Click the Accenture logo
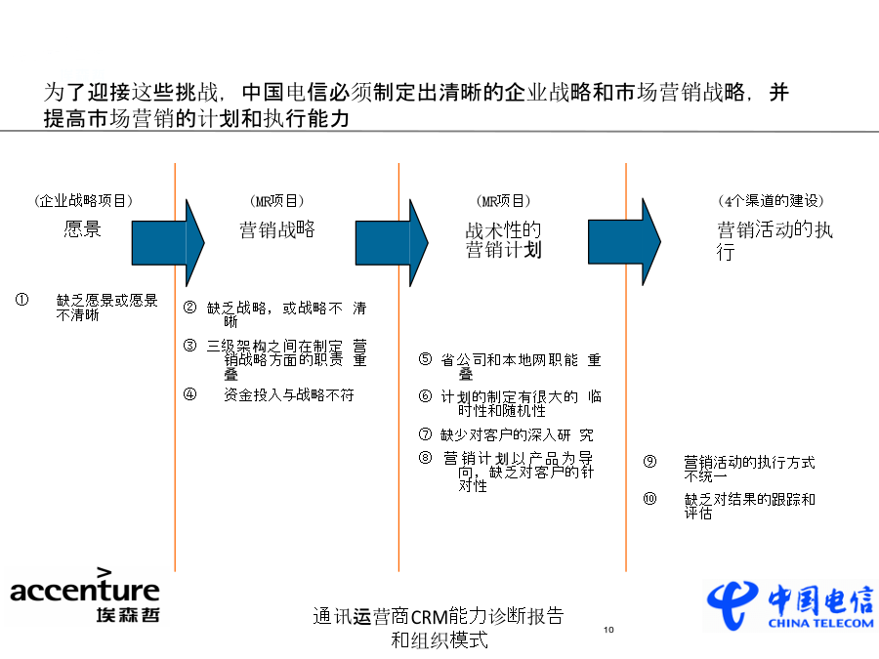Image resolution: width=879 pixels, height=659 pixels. tap(85, 596)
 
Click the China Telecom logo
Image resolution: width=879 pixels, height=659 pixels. tap(790, 606)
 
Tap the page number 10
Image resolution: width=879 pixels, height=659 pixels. tap(608, 630)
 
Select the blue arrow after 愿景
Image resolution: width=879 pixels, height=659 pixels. tap(168, 243)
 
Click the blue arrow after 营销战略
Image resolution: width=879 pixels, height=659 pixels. tap(392, 243)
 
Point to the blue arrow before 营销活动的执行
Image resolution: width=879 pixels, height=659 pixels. tap(624, 242)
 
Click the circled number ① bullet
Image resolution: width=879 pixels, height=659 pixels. tap(21, 300)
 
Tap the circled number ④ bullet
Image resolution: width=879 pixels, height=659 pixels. tap(190, 394)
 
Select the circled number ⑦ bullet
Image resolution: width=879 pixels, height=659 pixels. tap(426, 434)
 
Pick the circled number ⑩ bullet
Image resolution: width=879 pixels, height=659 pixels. tap(649, 499)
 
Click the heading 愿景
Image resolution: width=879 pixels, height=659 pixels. tap(82, 229)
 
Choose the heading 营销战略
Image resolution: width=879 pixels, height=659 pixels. tap(277, 229)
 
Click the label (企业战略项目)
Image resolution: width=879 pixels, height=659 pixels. tap(83, 200)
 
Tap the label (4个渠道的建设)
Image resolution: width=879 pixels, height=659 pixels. tap(771, 200)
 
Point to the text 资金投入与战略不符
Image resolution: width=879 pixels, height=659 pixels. tap(289, 395)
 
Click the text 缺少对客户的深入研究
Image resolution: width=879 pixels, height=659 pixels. tap(517, 434)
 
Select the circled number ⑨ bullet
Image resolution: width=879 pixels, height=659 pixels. tap(649, 462)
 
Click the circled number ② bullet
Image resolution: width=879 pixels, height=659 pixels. tap(190, 308)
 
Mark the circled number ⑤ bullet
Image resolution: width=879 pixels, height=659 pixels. tap(426, 359)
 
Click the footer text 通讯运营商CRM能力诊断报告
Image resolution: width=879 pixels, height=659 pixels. tap(439, 616)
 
